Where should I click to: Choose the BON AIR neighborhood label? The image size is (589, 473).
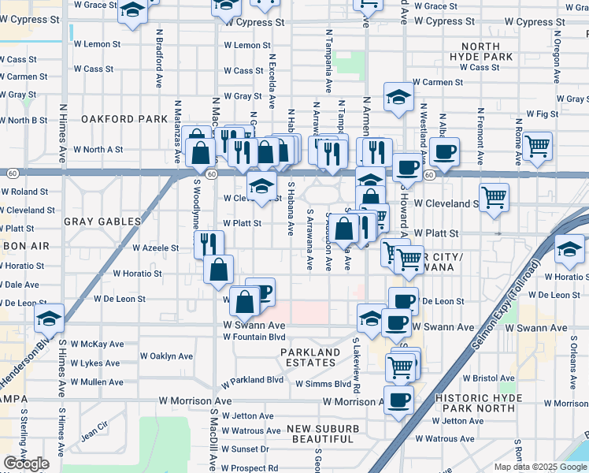pyautogui.click(x=26, y=247)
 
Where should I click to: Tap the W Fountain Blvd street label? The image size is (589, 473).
pyautogui.click(x=254, y=337)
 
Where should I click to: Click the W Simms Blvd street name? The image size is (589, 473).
pyautogui.click(x=323, y=384)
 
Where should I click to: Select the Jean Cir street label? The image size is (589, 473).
pyautogui.click(x=93, y=433)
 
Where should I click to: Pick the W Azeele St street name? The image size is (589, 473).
pyautogui.click(x=156, y=248)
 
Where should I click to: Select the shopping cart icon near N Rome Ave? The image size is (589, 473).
pyautogui.click(x=537, y=145)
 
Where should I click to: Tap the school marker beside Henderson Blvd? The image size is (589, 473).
pyautogui.click(x=49, y=318)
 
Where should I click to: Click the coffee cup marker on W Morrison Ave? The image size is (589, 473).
pyautogui.click(x=398, y=399)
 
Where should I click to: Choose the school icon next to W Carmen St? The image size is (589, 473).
pyautogui.click(x=399, y=98)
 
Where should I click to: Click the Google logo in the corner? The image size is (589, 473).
pyautogui.click(x=27, y=464)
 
